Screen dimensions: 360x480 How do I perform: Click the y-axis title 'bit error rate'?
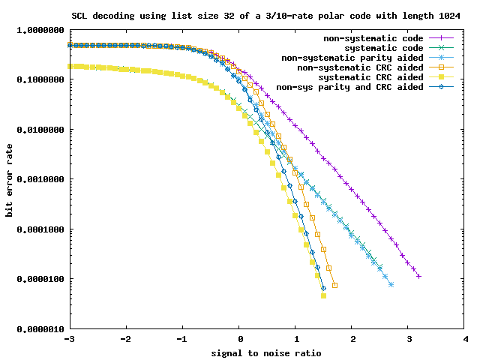10,181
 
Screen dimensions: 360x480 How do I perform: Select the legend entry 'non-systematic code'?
374,38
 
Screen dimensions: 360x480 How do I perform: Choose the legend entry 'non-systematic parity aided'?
352,58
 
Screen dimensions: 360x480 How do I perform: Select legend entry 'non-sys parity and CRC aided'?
350,87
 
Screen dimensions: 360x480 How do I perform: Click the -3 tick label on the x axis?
69,340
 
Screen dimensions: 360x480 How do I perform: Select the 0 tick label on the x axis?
239,340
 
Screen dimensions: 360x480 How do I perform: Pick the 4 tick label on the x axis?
466,340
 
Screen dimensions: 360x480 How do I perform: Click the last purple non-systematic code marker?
419,277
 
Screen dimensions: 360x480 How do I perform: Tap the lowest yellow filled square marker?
323,295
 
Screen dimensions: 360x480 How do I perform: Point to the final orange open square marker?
334,285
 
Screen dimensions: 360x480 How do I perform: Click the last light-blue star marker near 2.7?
391,284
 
